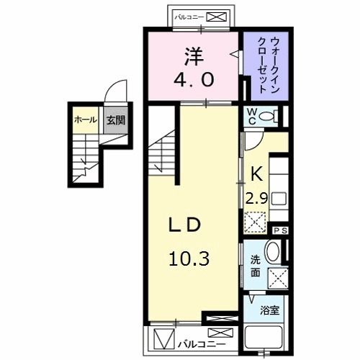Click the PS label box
pos(279,230)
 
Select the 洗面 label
pos(256,266)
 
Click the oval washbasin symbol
pos(273,252)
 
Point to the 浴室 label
pos(270,310)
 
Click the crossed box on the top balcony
pos(220,15)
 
